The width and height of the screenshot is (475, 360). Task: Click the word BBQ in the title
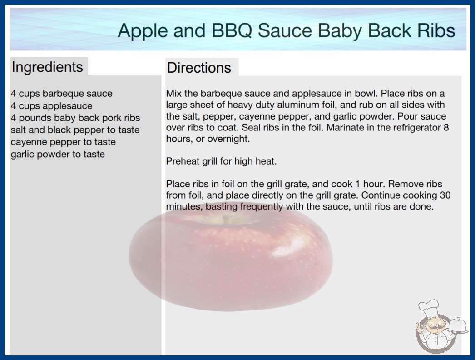(232, 31)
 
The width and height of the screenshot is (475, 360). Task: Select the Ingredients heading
(47, 67)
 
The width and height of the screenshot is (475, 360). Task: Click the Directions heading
(199, 68)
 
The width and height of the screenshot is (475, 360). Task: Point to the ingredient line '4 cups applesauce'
(51, 106)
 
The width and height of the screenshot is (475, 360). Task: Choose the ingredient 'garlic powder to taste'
(58, 155)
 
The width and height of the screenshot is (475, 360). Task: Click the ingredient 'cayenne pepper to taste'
(63, 142)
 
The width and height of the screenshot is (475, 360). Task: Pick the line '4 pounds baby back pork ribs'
(75, 118)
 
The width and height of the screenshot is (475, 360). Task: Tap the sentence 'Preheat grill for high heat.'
(222, 161)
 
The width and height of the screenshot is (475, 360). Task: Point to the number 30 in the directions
(445, 195)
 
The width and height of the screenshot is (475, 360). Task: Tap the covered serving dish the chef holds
(457, 325)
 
